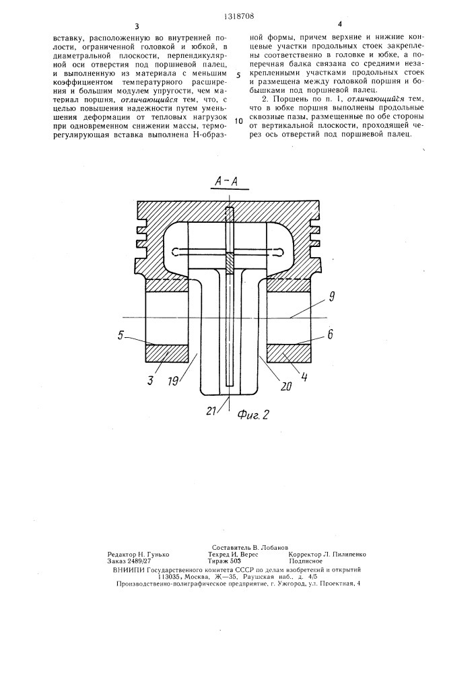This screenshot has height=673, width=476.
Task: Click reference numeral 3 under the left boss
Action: (x=149, y=381)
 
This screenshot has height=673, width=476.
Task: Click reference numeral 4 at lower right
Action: (x=305, y=377)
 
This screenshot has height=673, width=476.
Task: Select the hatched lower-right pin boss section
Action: (x=290, y=353)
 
